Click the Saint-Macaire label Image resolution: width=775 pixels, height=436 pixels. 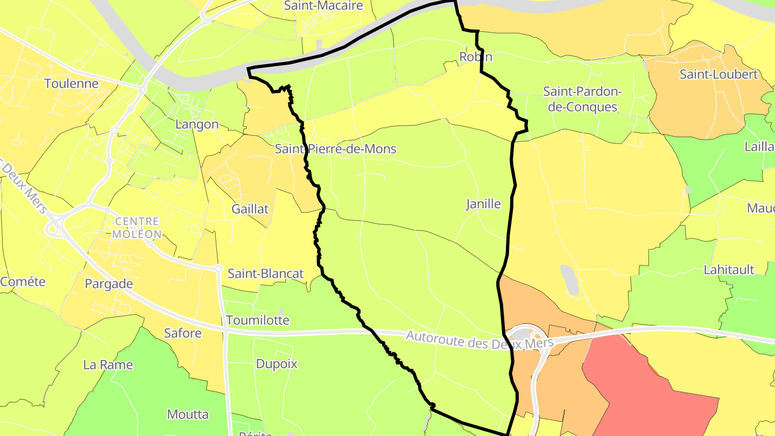click(323, 6)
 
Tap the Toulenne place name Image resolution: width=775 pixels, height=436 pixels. click(72, 83)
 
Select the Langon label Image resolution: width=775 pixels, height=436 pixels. click(197, 124)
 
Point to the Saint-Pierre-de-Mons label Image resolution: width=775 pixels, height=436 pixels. click(335, 149)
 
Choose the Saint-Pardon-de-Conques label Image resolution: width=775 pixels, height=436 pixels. click(582, 99)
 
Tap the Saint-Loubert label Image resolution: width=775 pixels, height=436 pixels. click(718, 74)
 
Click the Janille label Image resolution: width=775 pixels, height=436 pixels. click(483, 204)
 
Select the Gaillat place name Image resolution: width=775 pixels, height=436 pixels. click(250, 209)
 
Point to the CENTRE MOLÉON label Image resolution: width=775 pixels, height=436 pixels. click(137, 228)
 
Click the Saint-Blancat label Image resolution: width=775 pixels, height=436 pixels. click(266, 273)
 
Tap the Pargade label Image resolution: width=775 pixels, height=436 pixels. click(109, 284)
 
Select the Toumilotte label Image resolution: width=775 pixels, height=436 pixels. click(257, 320)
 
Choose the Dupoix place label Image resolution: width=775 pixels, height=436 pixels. click(277, 364)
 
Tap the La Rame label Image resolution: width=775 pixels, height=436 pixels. click(108, 365)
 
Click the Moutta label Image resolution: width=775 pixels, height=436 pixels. click(188, 414)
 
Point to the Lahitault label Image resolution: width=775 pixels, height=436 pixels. click(729, 270)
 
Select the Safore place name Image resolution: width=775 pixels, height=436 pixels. click(183, 333)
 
